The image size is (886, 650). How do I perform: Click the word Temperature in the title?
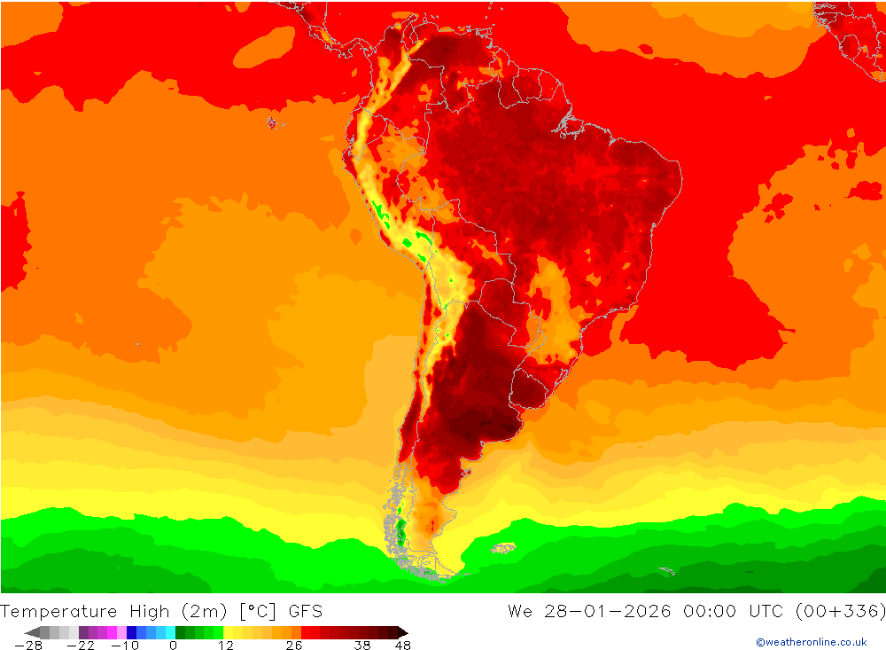tap(59, 611)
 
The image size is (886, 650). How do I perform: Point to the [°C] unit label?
tap(256, 611)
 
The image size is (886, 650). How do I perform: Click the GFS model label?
tap(305, 611)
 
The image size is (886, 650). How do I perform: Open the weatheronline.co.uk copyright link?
tap(811, 642)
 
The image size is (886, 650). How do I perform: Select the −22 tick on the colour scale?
tap(81, 646)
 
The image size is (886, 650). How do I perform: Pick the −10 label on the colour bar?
tap(124, 646)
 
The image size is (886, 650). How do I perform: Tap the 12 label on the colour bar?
tap(226, 646)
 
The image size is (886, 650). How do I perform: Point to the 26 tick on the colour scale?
tap(294, 646)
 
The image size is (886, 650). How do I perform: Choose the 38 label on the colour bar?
tap(362, 646)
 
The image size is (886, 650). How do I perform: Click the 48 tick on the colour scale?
tap(402, 646)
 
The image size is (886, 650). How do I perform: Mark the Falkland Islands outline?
tap(504, 548)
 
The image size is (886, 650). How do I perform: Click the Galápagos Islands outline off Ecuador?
tap(272, 122)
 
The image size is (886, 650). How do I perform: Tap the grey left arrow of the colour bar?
tap(31, 632)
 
